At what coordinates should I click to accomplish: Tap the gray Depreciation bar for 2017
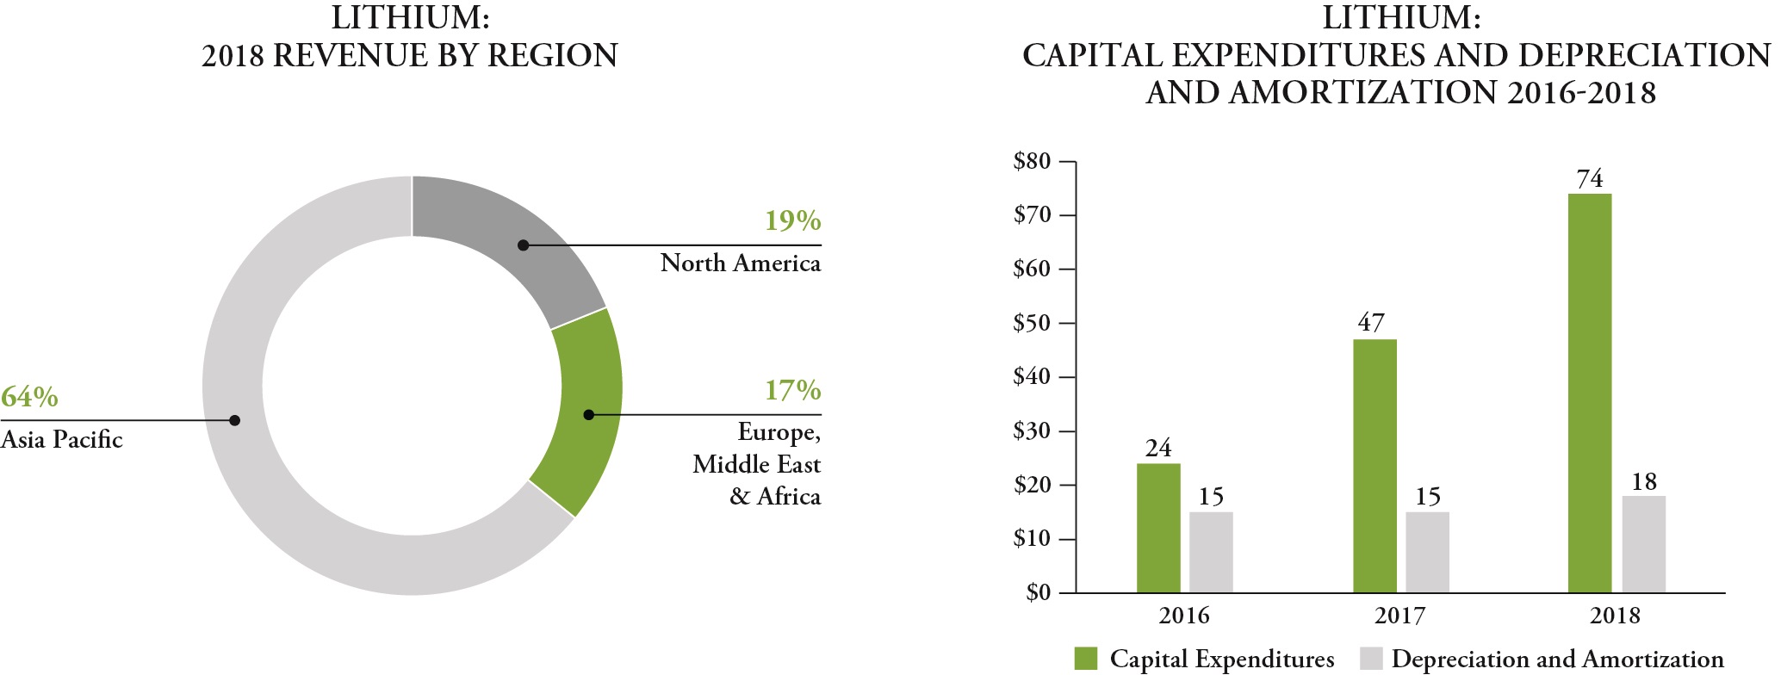click(x=1427, y=552)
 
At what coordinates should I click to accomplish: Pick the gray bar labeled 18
click(x=1643, y=544)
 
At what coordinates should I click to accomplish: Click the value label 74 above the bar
click(x=1589, y=179)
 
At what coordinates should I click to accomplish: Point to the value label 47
click(x=1371, y=323)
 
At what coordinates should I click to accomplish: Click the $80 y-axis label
click(x=1032, y=161)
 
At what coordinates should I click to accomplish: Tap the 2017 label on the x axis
click(x=1399, y=616)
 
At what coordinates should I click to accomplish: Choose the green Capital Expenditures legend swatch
click(x=1086, y=659)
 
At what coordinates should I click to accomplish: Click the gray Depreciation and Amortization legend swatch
click(x=1371, y=659)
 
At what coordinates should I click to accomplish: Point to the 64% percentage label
click(x=29, y=397)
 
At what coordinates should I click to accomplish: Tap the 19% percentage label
click(x=792, y=221)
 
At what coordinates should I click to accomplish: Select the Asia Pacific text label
click(x=61, y=440)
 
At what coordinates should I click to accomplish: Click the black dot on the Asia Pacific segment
click(x=234, y=420)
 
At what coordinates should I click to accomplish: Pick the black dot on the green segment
click(x=588, y=415)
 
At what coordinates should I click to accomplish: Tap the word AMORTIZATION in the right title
click(x=1363, y=93)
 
